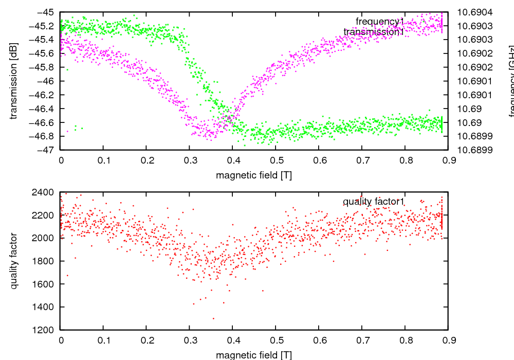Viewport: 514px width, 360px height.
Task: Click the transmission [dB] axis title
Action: [x=14, y=81]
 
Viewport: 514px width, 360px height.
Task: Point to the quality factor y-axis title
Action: [x=14, y=261]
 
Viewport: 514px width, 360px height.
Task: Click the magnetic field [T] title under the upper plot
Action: [x=254, y=175]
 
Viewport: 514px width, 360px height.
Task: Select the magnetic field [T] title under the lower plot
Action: [x=254, y=354]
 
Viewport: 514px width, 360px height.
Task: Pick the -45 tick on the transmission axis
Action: [x=46, y=12]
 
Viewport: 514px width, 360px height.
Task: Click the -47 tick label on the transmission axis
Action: [x=46, y=150]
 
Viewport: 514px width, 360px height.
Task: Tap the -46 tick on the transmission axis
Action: [x=46, y=81]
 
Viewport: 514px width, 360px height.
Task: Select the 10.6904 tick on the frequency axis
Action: [x=474, y=12]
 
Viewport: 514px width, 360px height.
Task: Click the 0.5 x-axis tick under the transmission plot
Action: [x=276, y=160]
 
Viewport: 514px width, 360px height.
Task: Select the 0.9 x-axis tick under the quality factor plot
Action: [x=448, y=340]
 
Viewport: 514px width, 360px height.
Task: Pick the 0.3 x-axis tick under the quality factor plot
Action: [x=190, y=340]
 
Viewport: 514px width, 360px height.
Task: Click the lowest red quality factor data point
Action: [x=213, y=318]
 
